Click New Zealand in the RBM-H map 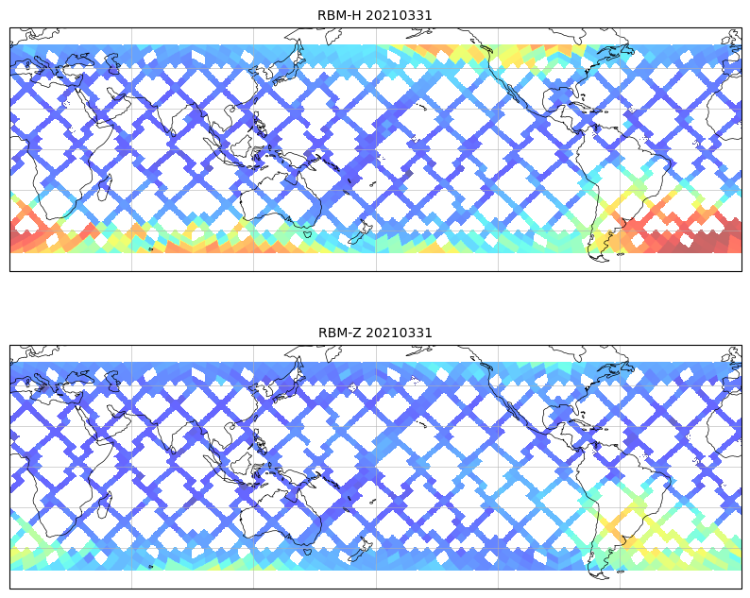click(x=359, y=233)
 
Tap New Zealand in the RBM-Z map click(x=359, y=551)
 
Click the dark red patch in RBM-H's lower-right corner click(x=699, y=241)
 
